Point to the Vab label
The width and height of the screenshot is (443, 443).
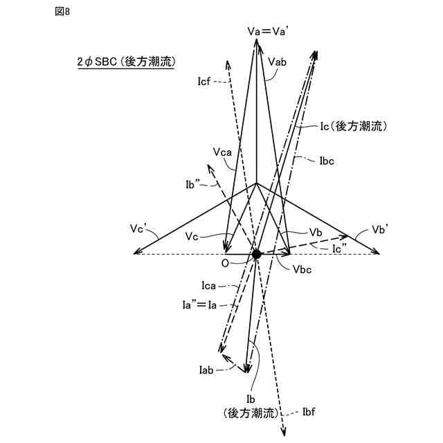coord(276,62)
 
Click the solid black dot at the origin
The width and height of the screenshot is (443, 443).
coord(257,255)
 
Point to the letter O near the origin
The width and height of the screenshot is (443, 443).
coord(224,264)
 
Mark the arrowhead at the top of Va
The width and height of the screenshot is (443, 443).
coord(257,42)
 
